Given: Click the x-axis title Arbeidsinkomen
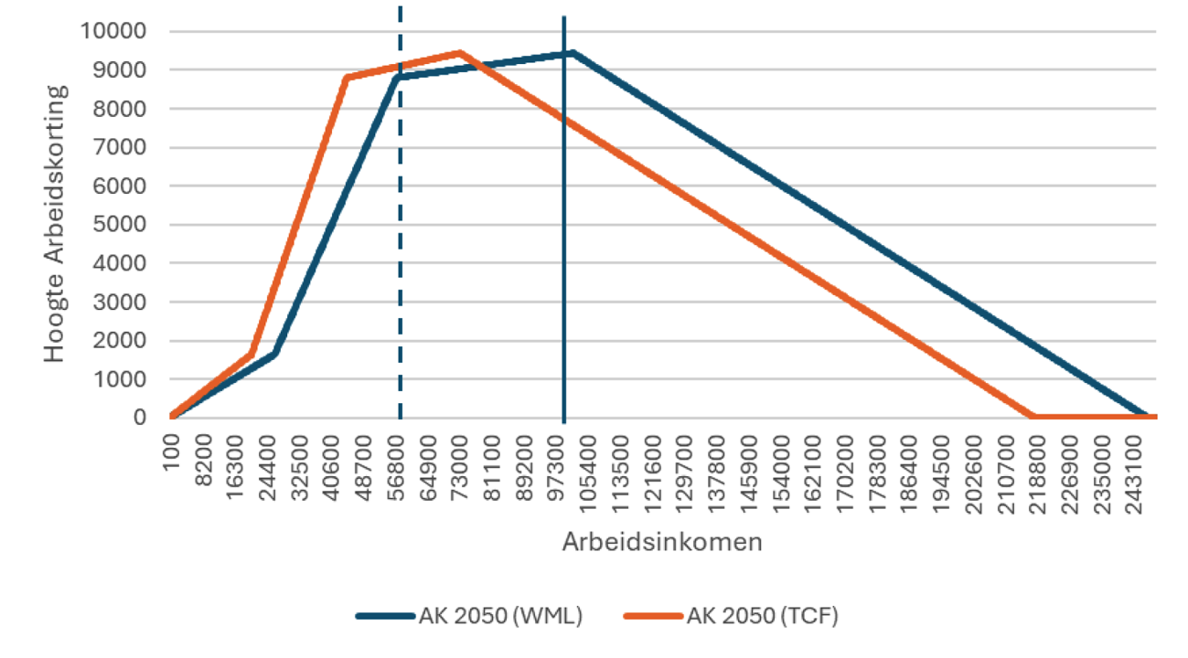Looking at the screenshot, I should [662, 542].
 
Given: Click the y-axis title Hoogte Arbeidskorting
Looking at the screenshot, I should [57, 224].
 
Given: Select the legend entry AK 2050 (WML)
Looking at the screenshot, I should [468, 616].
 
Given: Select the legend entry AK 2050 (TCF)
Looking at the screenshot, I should [731, 616].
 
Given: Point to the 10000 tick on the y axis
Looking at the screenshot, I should [114, 32].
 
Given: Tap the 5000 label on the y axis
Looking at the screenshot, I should [121, 225].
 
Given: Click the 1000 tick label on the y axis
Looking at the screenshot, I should [121, 379].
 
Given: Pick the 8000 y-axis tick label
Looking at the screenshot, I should [121, 109].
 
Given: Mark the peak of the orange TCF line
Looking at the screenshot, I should [460, 52].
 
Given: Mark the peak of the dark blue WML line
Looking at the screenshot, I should [573, 52].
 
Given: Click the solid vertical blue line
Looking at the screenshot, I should [563, 274].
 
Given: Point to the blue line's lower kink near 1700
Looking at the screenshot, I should [274, 352].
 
